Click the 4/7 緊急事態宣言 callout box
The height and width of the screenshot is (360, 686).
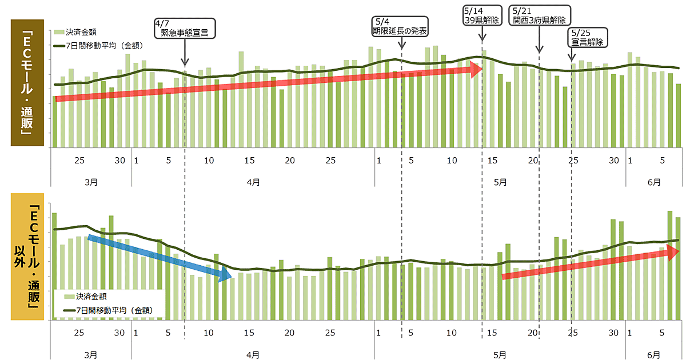185,29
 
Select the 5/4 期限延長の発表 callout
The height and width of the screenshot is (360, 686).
400,26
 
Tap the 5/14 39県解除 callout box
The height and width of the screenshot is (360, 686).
481,15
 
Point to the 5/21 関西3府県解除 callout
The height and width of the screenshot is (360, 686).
540,15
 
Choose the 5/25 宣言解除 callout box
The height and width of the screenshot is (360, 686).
588,37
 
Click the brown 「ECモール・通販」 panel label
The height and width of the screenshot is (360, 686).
27,83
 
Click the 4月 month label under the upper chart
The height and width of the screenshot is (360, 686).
253,182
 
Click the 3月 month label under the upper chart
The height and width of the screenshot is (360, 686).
90,182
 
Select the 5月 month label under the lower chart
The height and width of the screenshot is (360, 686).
500,354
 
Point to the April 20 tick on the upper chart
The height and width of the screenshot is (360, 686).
290,161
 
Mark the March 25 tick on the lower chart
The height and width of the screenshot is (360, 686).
79,333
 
